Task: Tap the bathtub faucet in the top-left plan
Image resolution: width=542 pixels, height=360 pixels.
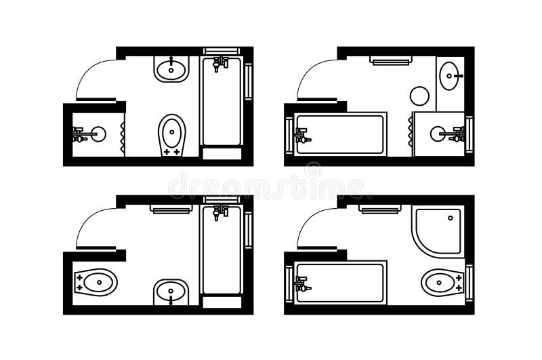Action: point(219,64)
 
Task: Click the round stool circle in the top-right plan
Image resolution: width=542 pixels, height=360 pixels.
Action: point(420,95)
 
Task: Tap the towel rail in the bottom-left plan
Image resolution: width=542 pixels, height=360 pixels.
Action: point(172,209)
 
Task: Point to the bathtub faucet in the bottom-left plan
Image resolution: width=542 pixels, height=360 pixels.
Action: point(219,211)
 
